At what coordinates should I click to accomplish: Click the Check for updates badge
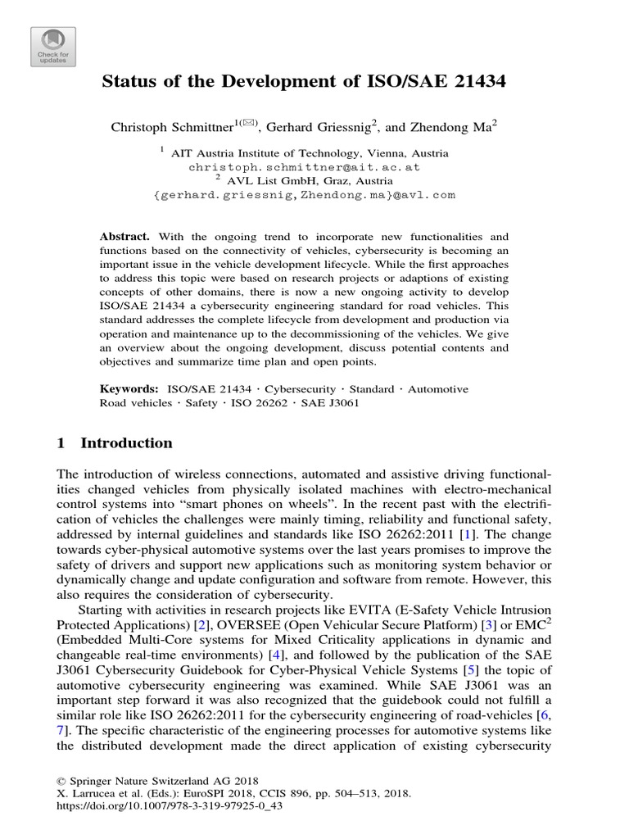click(53, 47)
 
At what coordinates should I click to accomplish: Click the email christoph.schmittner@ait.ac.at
click(304, 166)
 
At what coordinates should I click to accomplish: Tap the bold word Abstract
click(124, 235)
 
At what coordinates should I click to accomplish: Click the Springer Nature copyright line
click(136, 782)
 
